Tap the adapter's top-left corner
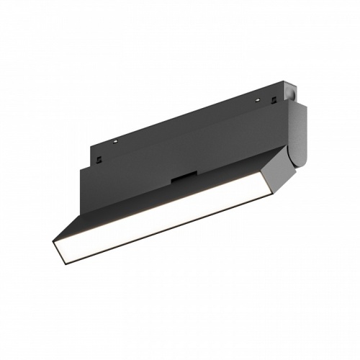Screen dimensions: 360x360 point(93,151)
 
